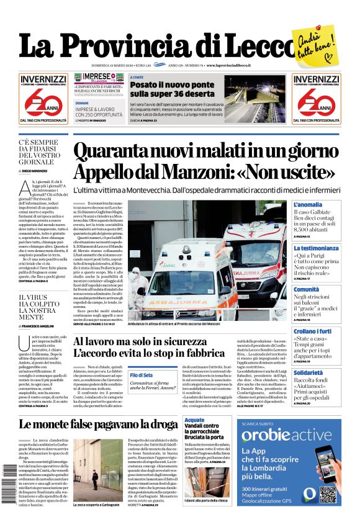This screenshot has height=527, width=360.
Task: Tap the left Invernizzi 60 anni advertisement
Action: (43, 98)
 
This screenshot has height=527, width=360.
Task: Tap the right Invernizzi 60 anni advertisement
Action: (316, 98)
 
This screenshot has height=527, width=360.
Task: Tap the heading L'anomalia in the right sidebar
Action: (308, 205)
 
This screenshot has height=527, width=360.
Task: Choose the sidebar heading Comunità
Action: (307, 289)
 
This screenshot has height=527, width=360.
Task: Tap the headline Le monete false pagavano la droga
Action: (98, 425)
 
